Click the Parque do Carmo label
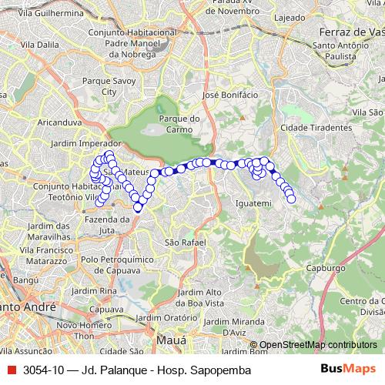click(x=179, y=124)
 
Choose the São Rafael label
click(x=185, y=242)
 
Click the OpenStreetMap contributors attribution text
click(x=317, y=345)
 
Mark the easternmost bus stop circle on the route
click(x=292, y=199)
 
